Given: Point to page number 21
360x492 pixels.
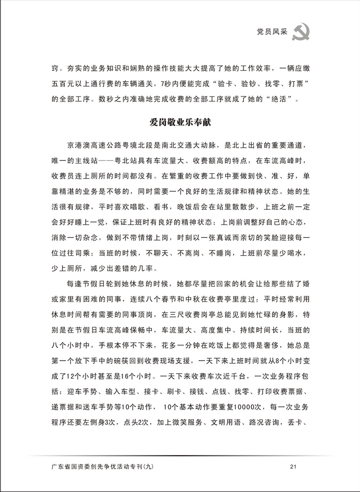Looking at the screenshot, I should click(293, 466).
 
